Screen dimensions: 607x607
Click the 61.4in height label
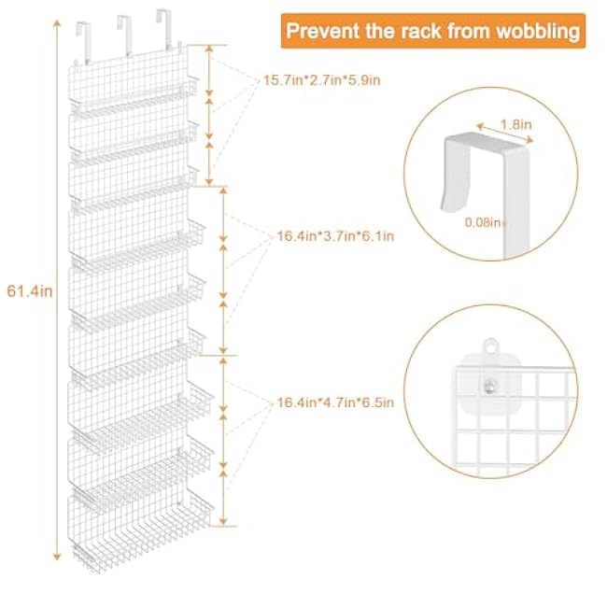(30, 291)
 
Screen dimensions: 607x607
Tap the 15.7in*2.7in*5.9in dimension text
(321, 80)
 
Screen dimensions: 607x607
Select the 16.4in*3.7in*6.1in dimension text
(335, 235)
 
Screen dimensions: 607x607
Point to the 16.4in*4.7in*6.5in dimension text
(335, 402)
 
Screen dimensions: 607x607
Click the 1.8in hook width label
(516, 124)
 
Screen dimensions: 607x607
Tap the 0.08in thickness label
(485, 222)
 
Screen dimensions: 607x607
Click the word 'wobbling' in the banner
(538, 31)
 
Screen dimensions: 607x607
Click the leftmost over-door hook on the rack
(84, 42)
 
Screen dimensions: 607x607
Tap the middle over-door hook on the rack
(125, 35)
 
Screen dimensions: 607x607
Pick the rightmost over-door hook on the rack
(165, 28)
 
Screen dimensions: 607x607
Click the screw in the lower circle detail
(489, 386)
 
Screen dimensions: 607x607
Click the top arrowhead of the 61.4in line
(57, 23)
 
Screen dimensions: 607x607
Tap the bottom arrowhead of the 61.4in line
(57, 557)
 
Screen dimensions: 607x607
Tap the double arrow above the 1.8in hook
(505, 134)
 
